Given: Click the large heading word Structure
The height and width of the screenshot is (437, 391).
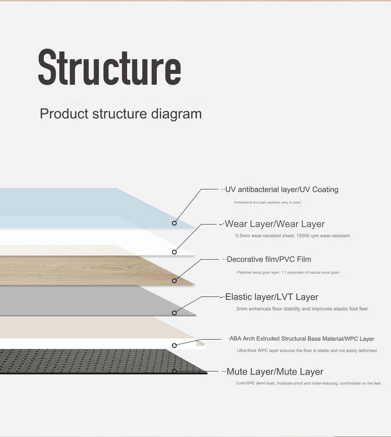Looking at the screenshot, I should (109, 68).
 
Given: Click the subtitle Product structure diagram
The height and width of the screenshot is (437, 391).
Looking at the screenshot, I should (121, 114).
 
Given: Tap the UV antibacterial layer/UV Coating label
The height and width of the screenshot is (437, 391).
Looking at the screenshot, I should (282, 190).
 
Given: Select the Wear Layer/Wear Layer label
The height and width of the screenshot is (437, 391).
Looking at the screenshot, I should (274, 224).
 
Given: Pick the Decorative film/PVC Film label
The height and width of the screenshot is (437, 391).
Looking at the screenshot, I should (269, 260).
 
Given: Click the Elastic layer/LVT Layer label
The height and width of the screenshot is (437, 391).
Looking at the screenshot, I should (272, 297).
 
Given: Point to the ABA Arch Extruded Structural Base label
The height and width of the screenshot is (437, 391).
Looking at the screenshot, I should (302, 339).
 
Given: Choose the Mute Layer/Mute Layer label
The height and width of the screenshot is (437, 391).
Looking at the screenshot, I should (274, 372).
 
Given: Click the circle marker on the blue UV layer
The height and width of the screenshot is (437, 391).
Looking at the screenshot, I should (174, 223).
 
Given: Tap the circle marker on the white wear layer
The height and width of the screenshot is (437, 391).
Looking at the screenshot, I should (174, 252).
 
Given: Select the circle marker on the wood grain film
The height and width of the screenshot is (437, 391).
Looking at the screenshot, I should (174, 281).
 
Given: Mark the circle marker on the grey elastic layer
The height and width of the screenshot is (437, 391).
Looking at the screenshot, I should (174, 313).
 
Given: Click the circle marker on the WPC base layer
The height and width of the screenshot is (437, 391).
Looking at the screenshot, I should (174, 345).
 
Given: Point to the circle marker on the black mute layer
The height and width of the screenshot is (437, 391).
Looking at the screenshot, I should (174, 371).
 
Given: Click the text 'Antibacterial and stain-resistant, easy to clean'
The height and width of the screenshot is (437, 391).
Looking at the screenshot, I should (267, 203).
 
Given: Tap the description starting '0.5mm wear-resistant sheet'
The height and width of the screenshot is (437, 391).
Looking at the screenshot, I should (293, 236).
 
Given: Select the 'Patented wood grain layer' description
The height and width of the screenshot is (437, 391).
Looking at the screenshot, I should (288, 273).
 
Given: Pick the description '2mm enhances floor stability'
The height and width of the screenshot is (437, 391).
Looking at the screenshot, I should (302, 309).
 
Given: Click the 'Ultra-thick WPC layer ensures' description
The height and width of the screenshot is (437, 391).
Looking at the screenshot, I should (307, 351).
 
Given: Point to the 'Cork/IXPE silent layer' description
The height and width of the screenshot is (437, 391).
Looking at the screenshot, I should (308, 383).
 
